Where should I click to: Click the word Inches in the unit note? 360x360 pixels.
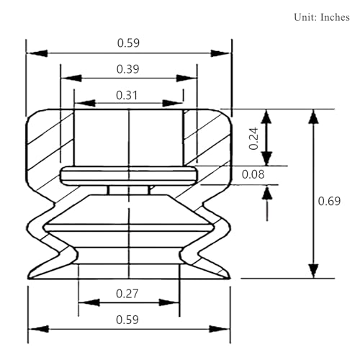335,17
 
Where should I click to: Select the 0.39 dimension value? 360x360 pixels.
127,69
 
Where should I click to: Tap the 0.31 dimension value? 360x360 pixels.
127,95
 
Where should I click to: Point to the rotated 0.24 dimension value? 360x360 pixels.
254,139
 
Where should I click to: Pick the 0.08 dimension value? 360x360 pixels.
253,174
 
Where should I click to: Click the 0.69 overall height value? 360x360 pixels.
329,201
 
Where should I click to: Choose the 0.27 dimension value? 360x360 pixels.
127,294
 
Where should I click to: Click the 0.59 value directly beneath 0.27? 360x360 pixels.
127,320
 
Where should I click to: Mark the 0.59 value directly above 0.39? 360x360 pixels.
128,43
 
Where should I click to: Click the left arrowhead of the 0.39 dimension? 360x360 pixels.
71,78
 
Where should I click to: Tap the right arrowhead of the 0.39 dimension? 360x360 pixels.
186,78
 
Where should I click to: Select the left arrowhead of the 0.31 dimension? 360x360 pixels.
85,104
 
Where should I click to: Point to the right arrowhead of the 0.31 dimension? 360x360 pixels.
172,104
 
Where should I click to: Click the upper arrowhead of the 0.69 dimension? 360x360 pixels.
313,117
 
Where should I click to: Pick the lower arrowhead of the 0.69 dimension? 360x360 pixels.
313,271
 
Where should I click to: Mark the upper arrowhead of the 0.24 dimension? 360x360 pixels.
266,117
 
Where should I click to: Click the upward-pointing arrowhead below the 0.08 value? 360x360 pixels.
267,193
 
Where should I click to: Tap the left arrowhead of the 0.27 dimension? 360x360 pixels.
89,302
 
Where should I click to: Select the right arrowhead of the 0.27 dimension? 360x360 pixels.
169,302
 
